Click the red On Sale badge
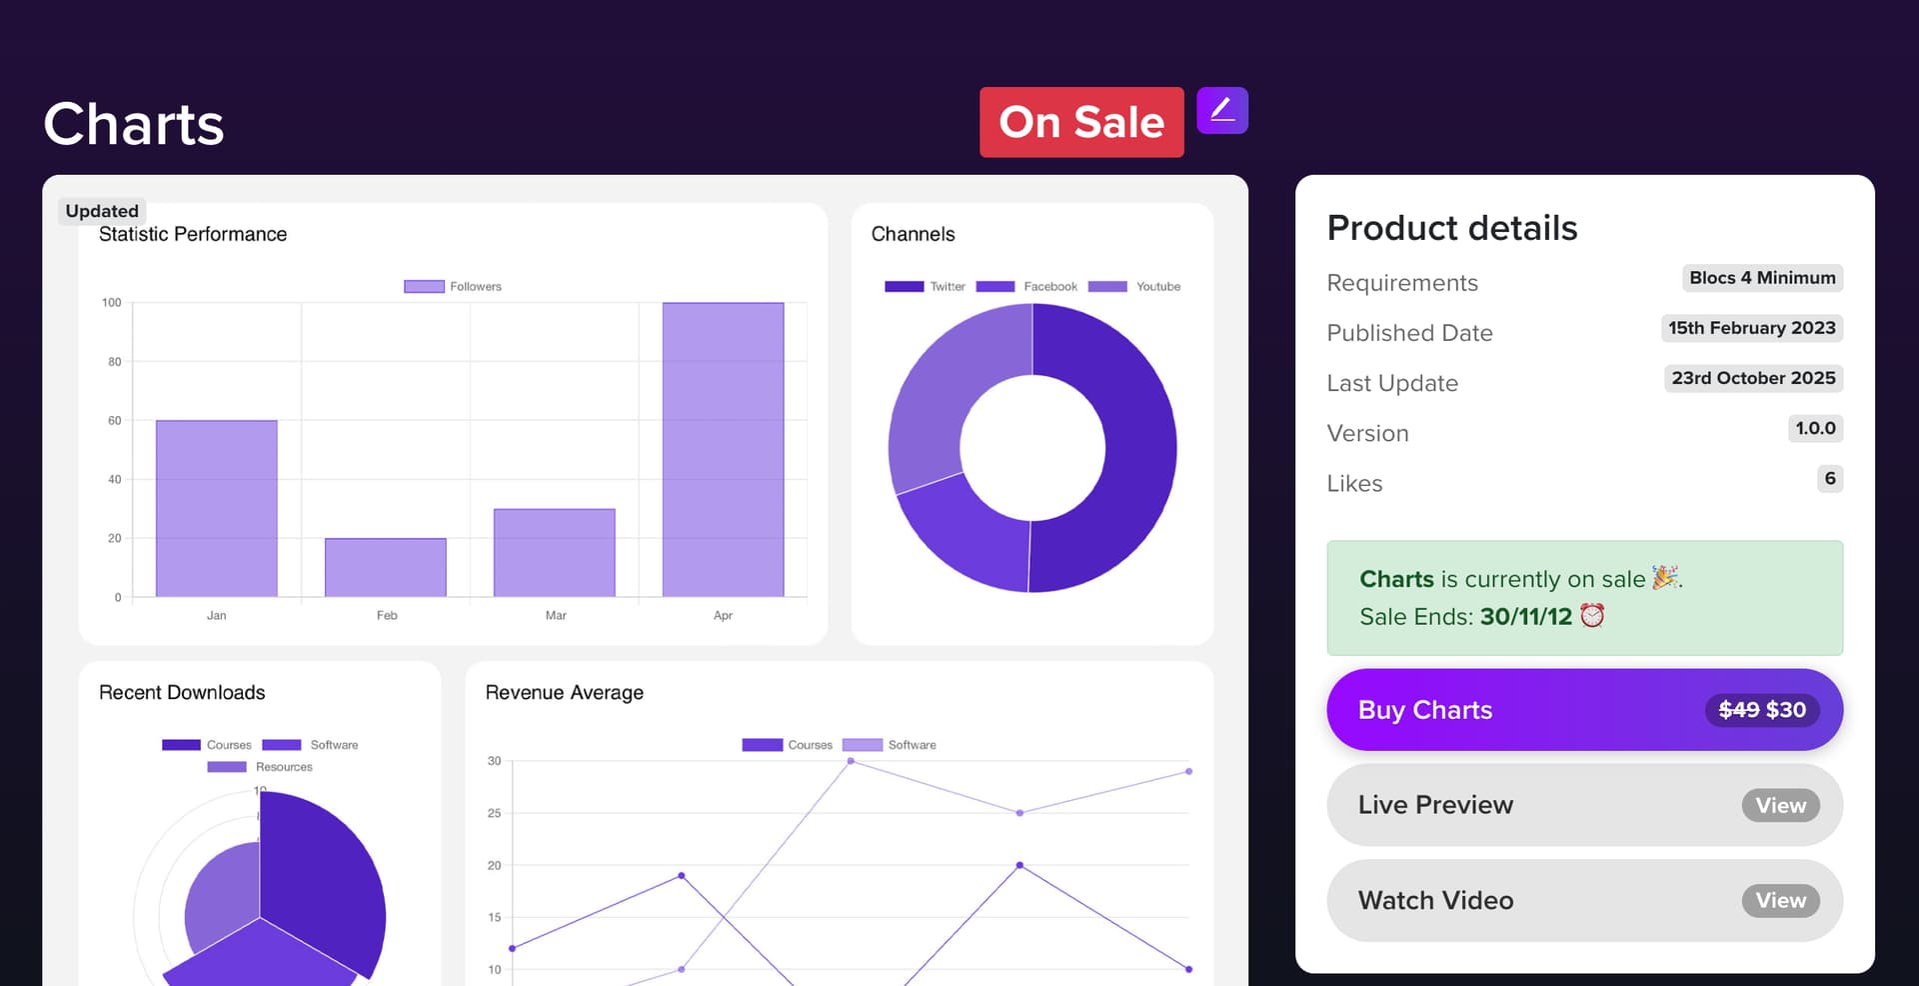point(1081,122)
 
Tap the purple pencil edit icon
point(1221,110)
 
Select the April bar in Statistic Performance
point(723,449)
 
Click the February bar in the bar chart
point(386,567)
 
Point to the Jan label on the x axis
point(217,616)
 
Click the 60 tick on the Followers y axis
point(115,421)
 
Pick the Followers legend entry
point(453,287)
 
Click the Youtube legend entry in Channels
point(1134,287)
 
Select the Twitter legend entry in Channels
point(925,287)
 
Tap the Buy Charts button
point(1583,710)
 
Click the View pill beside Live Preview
point(1780,806)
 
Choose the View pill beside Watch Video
point(1780,901)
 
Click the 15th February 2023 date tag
point(1751,328)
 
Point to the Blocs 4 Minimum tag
point(1762,278)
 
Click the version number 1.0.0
point(1815,429)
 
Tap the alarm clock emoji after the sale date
point(1592,616)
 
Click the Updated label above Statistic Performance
point(102,211)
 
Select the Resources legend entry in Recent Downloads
point(260,767)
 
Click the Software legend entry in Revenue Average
point(890,745)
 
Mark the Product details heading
point(1451,228)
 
